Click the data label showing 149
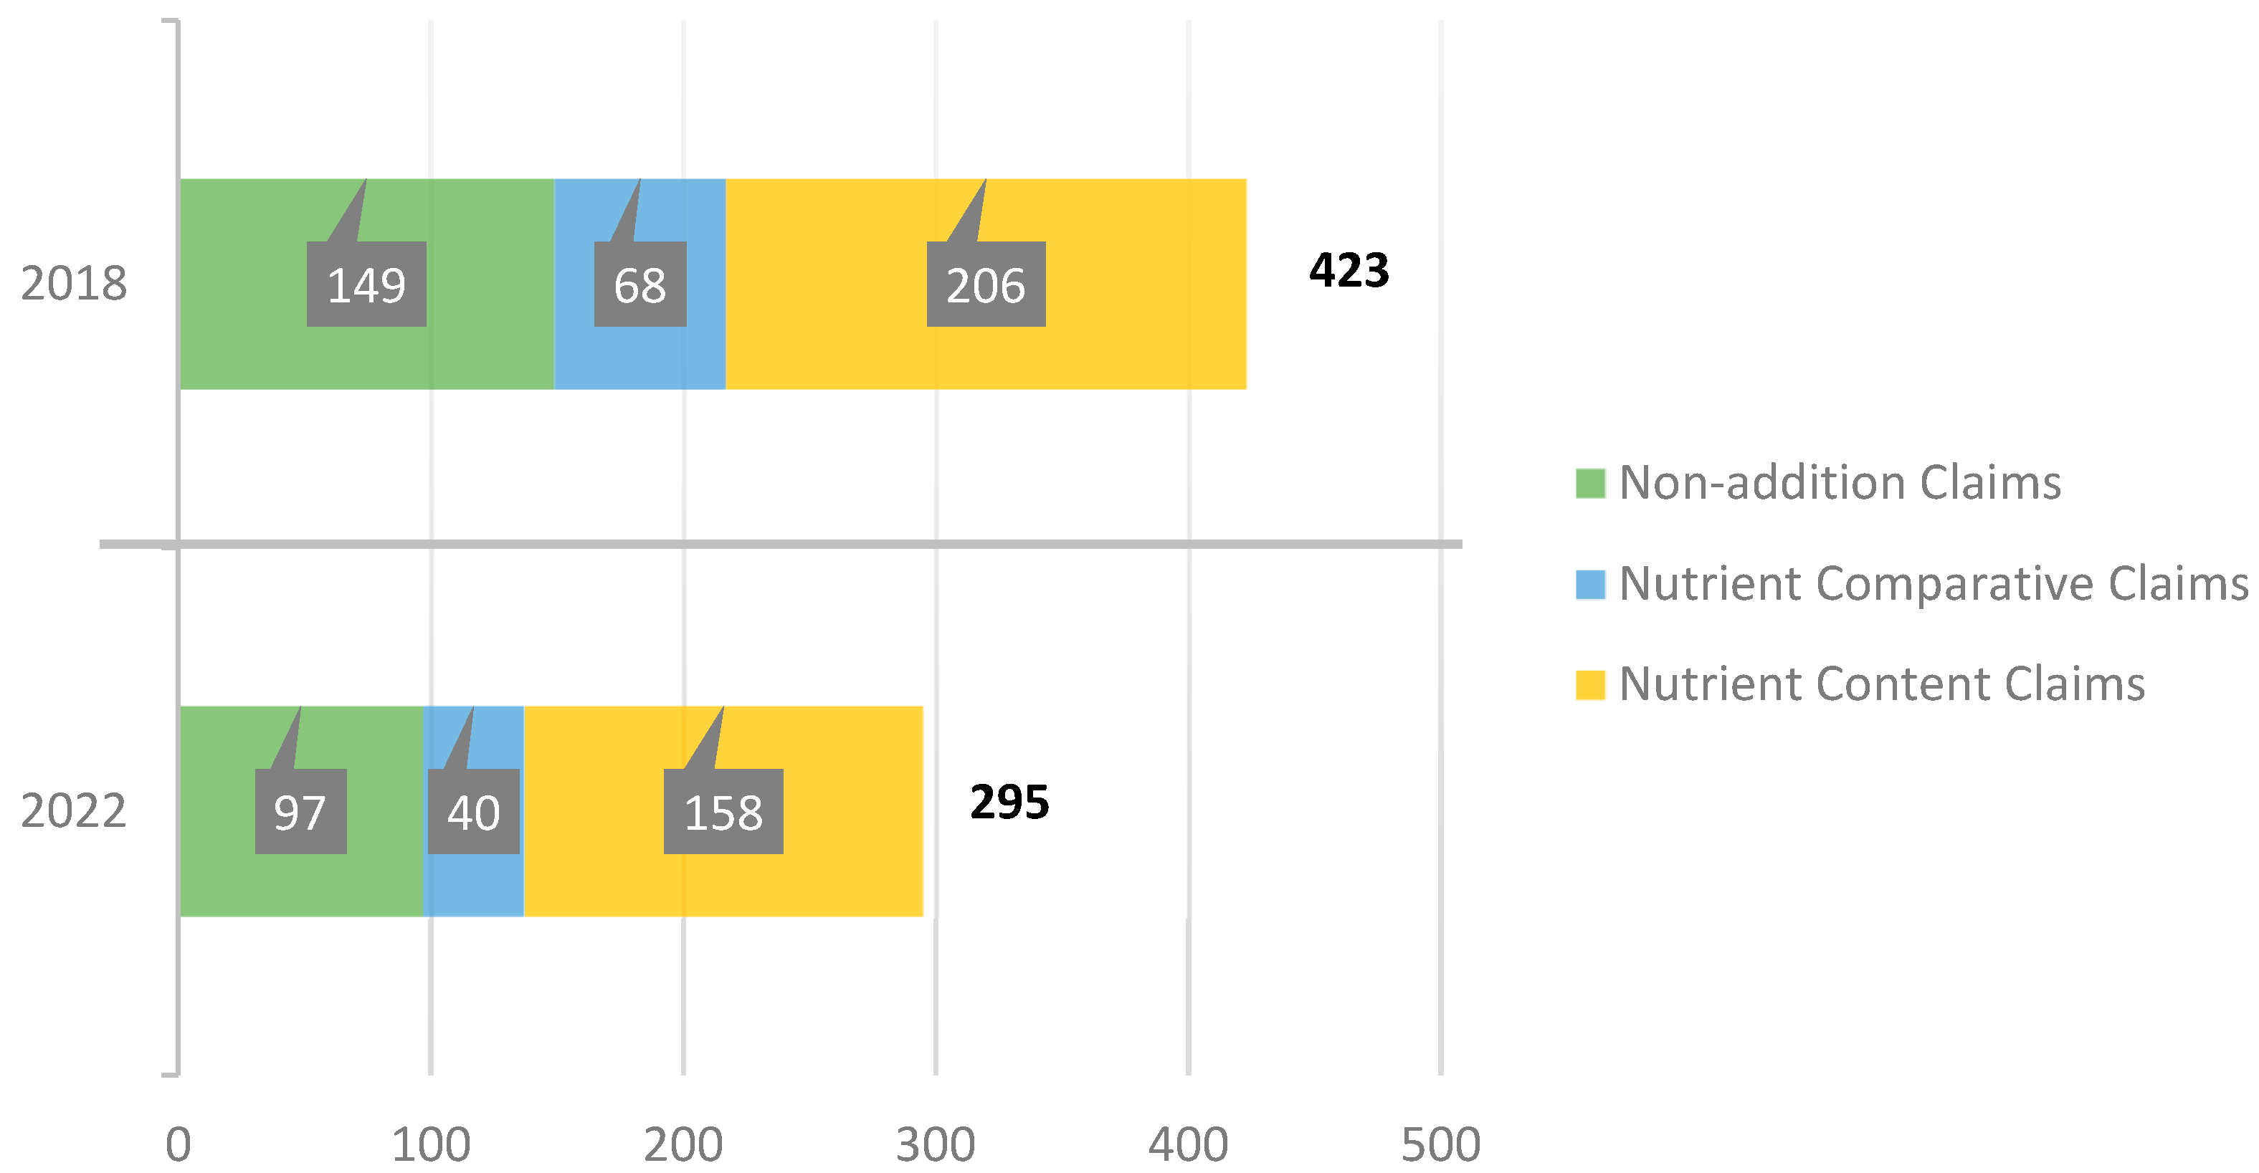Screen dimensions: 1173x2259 pyautogui.click(x=366, y=285)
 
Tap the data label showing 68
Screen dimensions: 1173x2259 pyautogui.click(x=640, y=285)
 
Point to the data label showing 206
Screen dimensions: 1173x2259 pyautogui.click(x=986, y=285)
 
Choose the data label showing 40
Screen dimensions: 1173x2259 pyautogui.click(x=474, y=812)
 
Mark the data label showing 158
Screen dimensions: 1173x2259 pyautogui.click(x=723, y=812)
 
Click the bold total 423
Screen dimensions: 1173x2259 pyautogui.click(x=1349, y=270)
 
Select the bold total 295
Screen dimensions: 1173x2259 pyautogui.click(x=1009, y=802)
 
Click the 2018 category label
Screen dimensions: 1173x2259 pyautogui.click(x=74, y=284)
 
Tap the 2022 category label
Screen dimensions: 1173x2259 pyautogui.click(x=74, y=811)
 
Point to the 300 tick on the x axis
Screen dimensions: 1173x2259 pyautogui.click(x=936, y=1144)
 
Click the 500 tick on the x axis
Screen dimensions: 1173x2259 pyautogui.click(x=1441, y=1144)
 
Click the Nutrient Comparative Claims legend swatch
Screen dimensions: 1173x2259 pyautogui.click(x=1590, y=585)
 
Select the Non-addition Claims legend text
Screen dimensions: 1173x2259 pyautogui.click(x=1840, y=483)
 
